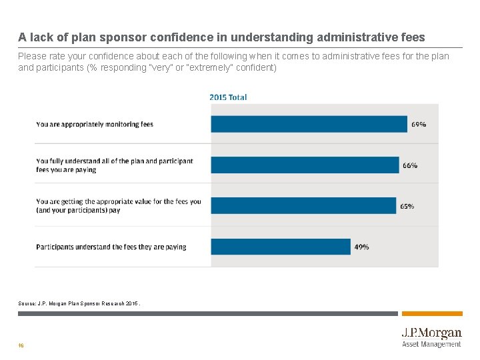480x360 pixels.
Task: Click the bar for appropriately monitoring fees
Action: [309, 124]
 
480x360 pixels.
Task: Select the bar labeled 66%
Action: [305, 165]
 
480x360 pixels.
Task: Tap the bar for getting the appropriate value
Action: [303, 205]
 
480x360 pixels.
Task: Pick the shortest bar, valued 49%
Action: [281, 247]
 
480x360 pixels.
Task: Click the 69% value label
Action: [419, 125]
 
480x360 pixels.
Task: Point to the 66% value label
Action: [410, 165]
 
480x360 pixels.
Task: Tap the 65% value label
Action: [407, 206]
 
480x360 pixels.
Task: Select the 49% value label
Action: [361, 247]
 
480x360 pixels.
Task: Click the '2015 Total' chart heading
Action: [228, 97]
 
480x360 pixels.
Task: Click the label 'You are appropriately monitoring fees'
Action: [95, 125]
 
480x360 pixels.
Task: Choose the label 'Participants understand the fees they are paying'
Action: [111, 247]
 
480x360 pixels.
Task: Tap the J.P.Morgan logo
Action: [431, 333]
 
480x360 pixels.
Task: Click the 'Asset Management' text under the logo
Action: [431, 345]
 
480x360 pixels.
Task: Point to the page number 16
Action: [21, 345]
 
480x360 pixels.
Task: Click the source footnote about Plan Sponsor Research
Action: [79, 303]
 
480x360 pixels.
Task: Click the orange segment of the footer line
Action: [432, 313]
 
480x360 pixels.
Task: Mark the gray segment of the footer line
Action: [207, 313]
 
